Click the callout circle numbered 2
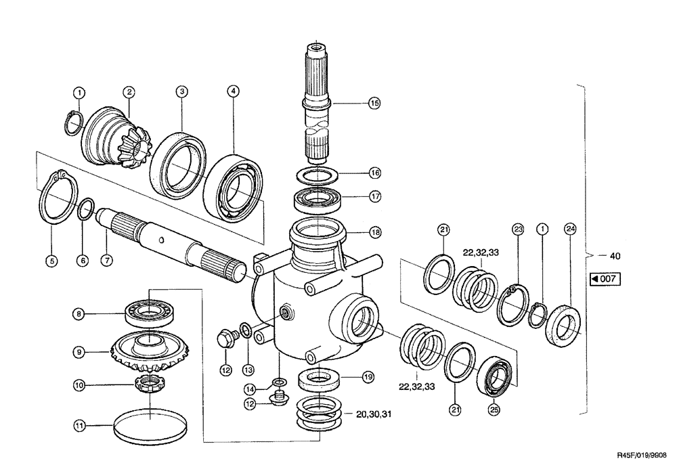(129, 91)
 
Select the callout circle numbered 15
(374, 104)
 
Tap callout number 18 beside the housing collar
(374, 232)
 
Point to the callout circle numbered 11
(79, 426)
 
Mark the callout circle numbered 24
(571, 229)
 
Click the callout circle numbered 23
(518, 229)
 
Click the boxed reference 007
(605, 279)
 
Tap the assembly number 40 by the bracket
(613, 256)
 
